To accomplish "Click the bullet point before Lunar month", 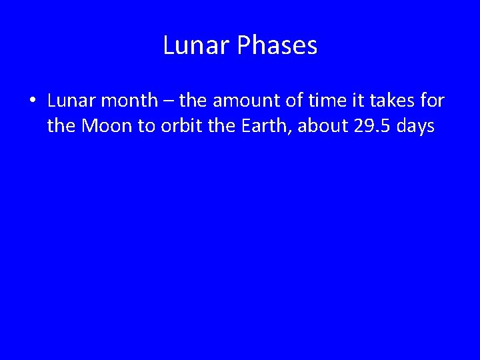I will tap(32, 101).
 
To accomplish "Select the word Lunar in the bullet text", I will tap(69, 101).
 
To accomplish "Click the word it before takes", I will tap(364, 101).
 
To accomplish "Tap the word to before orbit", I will tap(146, 125).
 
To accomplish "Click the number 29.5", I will tap(371, 125).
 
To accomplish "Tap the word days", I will tap(415, 127).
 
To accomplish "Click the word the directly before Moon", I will tap(62, 125).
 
